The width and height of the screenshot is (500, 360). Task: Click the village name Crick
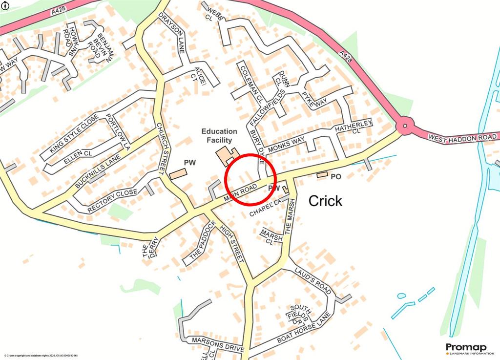click(x=326, y=201)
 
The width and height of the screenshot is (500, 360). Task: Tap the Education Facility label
click(x=220, y=136)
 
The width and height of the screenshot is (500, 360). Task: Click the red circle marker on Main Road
click(x=250, y=179)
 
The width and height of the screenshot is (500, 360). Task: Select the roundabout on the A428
click(x=404, y=127)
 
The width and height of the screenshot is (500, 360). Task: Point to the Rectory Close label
click(x=113, y=201)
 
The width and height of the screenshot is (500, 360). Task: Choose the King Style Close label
click(x=74, y=132)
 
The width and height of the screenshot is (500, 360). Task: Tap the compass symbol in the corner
click(x=5, y=5)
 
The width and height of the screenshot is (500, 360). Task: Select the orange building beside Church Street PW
click(x=178, y=174)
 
